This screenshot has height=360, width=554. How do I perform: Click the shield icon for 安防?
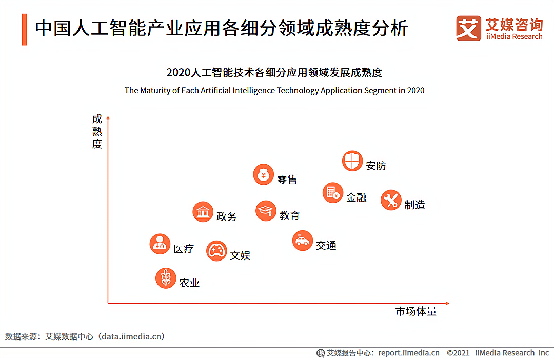click(352, 161)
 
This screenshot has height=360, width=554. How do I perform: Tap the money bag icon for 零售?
click(264, 175)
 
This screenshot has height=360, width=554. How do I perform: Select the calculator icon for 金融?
click(333, 193)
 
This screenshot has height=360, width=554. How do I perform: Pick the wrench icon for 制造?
click(391, 200)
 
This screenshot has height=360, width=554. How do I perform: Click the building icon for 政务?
click(203, 212)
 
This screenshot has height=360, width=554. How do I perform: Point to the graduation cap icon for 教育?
click(266, 211)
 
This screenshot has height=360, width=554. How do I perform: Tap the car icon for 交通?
click(303, 241)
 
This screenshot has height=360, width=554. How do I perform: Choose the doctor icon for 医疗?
click(160, 244)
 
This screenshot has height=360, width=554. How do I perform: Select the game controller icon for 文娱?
click(216, 251)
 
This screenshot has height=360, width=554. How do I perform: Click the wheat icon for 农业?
click(166, 278)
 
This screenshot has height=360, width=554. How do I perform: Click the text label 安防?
click(376, 166)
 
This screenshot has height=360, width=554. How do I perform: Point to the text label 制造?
click(414, 205)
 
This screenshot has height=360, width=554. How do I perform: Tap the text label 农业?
click(189, 283)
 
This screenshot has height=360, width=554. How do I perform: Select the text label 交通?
click(326, 245)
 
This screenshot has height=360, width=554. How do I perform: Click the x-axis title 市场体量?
click(415, 311)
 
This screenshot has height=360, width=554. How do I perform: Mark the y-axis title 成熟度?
click(97, 131)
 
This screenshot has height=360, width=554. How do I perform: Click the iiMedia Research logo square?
click(468, 28)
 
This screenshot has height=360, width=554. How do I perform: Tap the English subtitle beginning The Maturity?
click(274, 91)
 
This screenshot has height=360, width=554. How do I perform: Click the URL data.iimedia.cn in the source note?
click(132, 336)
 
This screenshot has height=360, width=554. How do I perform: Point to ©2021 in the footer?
click(458, 353)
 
